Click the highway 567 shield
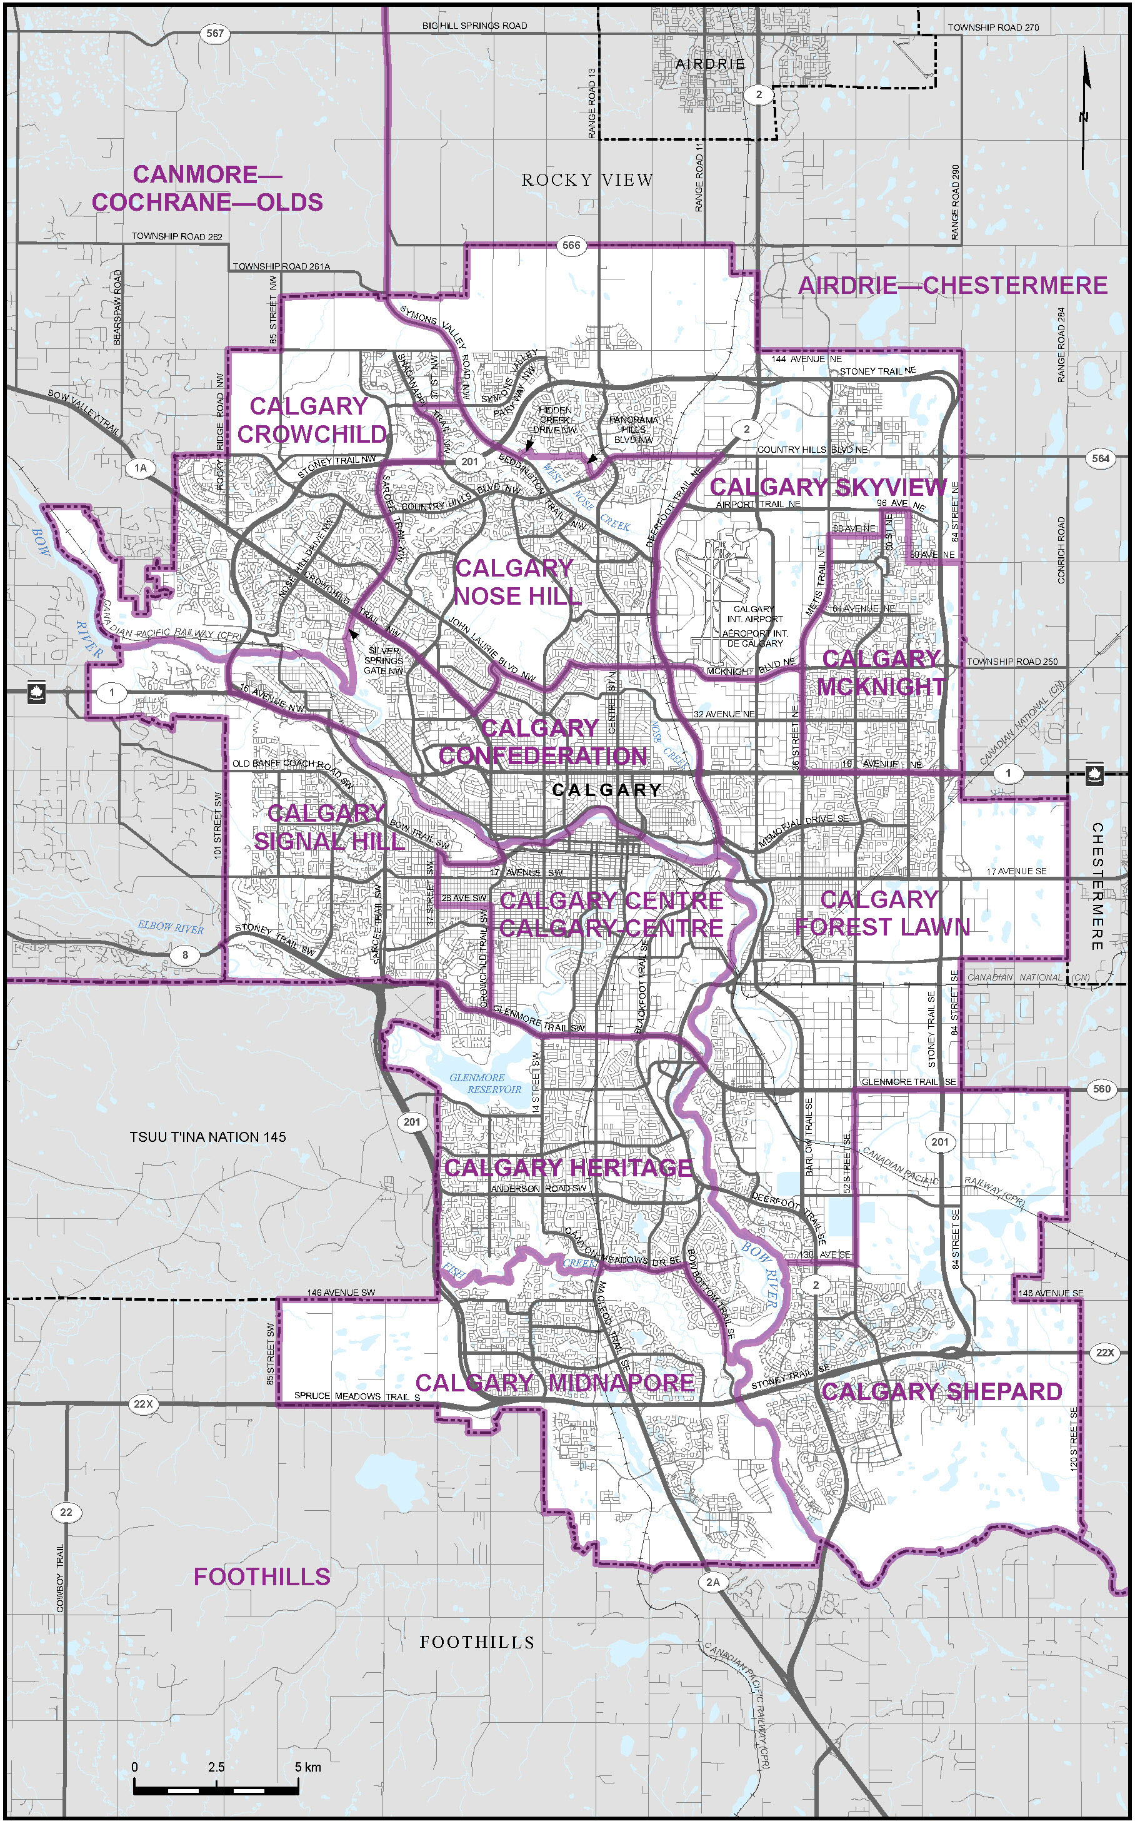[x=216, y=33]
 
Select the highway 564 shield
[x=1101, y=458]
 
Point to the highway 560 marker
[x=1101, y=1088]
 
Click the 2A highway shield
[x=712, y=1582]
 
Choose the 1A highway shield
[x=141, y=468]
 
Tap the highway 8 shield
[x=186, y=955]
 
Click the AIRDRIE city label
[x=710, y=64]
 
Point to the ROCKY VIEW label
[x=587, y=180]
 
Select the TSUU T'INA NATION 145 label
[x=208, y=1137]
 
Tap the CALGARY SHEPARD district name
[x=941, y=1391]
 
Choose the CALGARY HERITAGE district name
[x=567, y=1168]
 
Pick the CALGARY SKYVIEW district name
[x=828, y=487]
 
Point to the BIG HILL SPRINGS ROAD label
[x=474, y=26]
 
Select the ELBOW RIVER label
[x=171, y=927]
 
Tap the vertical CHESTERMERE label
[x=1097, y=886]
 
